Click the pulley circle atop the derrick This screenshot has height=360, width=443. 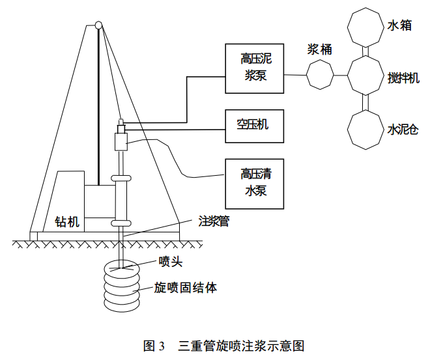coord(98,25)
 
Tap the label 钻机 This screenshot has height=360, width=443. coord(67,221)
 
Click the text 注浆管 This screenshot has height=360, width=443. coord(214,221)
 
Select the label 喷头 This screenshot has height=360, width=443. coord(171,262)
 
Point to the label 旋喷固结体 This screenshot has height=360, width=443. coord(185,288)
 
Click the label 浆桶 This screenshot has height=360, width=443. coord(320,49)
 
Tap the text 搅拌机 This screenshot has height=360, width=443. coord(403,78)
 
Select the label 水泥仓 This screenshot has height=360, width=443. coord(403,130)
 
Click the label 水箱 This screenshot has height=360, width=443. coord(400,25)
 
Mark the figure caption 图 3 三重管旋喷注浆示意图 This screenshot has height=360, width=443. coord(223,346)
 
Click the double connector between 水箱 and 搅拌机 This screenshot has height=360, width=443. coord(365,51)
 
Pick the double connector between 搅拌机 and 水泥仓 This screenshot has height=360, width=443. coord(365,102)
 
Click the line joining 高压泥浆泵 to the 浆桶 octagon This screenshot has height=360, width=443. coord(295,75)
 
